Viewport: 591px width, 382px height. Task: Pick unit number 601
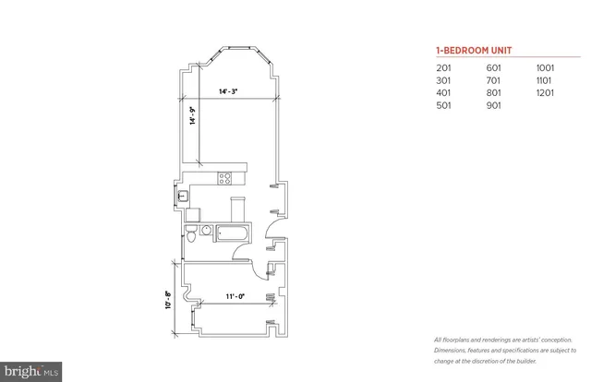click(x=495, y=68)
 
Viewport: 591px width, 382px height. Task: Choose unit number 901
click(x=495, y=105)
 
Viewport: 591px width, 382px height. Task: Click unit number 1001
click(x=547, y=68)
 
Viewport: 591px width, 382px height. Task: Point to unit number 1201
click(x=547, y=93)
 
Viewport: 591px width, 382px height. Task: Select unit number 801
click(x=495, y=93)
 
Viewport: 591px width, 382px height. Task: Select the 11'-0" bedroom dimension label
click(x=233, y=296)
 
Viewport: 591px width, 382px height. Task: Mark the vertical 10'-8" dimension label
click(x=170, y=300)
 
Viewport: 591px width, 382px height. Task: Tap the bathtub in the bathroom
click(x=229, y=233)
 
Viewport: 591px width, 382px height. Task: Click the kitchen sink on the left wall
click(x=183, y=194)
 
